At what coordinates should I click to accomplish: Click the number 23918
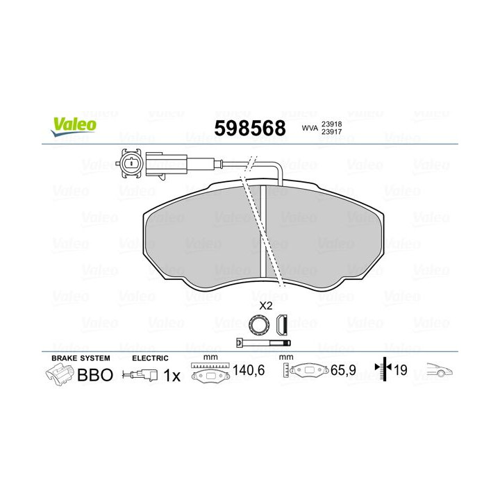pos(332,123)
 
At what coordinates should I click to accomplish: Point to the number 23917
pos(332,133)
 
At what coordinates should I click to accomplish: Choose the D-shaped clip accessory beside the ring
pos(282,323)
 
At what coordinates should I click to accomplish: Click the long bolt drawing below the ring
pos(262,343)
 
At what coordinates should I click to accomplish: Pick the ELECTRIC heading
pos(150,358)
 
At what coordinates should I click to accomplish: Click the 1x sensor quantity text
pos(172,375)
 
